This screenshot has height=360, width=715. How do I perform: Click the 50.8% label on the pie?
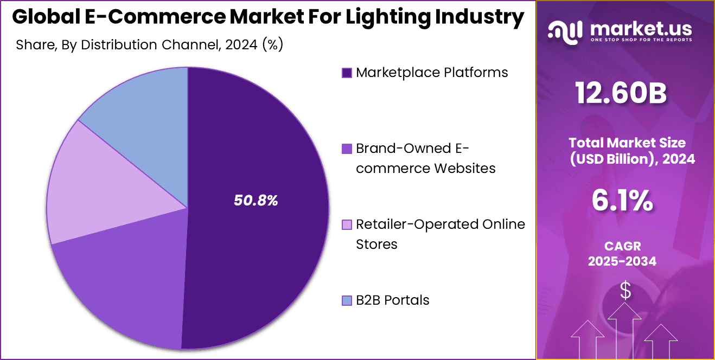click(x=256, y=201)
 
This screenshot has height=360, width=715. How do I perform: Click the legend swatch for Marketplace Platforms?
click(x=347, y=73)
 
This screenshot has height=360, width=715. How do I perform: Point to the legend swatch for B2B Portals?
click(x=347, y=300)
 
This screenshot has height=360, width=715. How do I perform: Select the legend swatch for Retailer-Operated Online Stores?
click(x=347, y=224)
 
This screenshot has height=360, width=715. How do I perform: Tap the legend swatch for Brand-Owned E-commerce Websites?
click(x=347, y=149)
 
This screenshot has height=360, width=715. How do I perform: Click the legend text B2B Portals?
click(x=392, y=300)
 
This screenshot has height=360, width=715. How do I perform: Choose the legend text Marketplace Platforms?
click(x=432, y=73)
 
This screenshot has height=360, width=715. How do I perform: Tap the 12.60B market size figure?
click(x=622, y=94)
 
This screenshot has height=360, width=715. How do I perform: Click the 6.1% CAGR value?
click(x=622, y=202)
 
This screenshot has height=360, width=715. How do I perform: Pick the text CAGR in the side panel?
click(x=622, y=246)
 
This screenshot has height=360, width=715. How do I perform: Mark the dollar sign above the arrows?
click(x=625, y=291)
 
